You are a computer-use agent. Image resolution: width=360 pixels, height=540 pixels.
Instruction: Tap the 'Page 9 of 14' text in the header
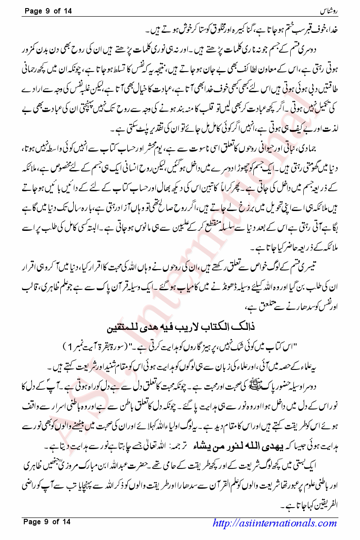point(47,10)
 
